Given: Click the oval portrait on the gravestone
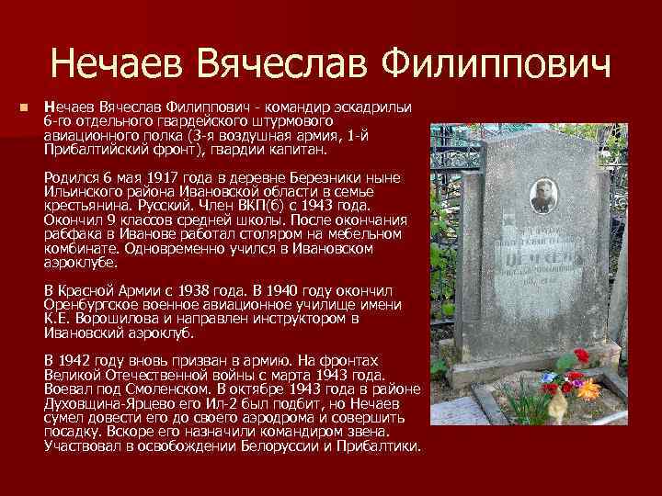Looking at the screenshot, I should [x=542, y=196].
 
